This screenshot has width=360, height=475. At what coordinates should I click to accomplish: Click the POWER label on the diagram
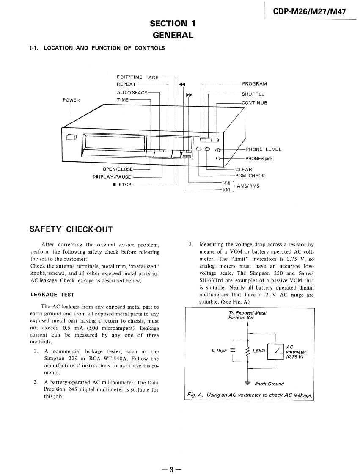click(71, 100)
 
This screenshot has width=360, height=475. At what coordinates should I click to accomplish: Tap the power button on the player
click(71, 137)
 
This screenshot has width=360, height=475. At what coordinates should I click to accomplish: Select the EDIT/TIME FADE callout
click(137, 77)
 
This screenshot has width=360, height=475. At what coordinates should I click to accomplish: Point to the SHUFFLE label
click(253, 94)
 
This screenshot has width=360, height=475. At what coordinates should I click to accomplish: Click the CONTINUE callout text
click(254, 103)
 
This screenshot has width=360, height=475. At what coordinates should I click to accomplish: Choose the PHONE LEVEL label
click(263, 149)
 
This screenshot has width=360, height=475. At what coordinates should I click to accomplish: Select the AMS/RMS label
click(248, 186)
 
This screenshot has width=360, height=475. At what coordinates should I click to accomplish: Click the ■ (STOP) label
click(120, 185)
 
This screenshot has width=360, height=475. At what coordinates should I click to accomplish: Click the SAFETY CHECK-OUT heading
click(71, 229)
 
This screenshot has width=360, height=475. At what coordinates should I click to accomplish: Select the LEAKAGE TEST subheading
click(52, 295)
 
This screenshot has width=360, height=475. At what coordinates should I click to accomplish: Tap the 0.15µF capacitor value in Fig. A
click(220, 350)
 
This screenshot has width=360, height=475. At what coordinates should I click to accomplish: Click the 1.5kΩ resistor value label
click(258, 350)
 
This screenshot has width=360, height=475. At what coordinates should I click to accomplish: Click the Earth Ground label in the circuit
click(269, 384)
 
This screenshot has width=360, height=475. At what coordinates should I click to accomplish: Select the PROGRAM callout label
click(254, 84)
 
